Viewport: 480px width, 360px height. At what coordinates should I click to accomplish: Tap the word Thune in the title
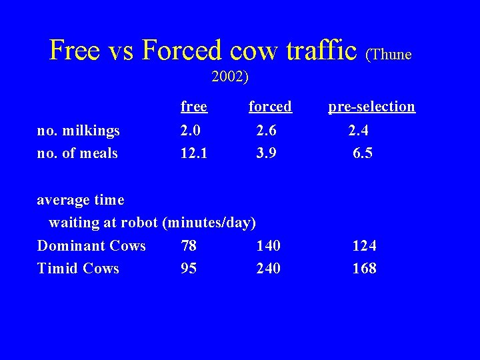click(x=391, y=53)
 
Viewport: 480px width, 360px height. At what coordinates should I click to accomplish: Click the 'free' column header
click(x=193, y=106)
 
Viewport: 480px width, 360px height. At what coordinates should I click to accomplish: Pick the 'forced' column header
click(x=270, y=106)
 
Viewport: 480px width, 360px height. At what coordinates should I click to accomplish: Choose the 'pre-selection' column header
click(x=371, y=106)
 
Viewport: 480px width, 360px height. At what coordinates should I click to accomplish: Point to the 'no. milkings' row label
click(x=78, y=130)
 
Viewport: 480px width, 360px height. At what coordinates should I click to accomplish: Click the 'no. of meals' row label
click(x=77, y=153)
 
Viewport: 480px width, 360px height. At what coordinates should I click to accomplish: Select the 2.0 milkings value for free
click(x=191, y=130)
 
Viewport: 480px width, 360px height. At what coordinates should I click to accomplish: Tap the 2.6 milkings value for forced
click(x=267, y=130)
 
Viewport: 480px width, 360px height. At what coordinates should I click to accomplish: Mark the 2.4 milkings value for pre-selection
click(x=359, y=130)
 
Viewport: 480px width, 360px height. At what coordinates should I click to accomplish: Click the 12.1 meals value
click(x=193, y=153)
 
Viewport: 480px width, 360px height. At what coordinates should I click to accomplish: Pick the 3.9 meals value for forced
click(x=267, y=153)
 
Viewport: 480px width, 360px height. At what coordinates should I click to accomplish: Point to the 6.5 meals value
click(x=363, y=153)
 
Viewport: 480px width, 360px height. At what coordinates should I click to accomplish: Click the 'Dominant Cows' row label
click(x=91, y=246)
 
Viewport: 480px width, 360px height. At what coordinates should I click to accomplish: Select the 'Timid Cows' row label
click(x=78, y=269)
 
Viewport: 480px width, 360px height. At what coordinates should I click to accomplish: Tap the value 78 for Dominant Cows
click(x=189, y=246)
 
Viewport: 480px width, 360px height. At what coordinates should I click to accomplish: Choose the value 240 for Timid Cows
click(x=268, y=269)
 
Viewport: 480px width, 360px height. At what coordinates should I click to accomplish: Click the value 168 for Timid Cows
click(x=364, y=269)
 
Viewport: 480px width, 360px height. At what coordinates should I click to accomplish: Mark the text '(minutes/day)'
click(x=209, y=223)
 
